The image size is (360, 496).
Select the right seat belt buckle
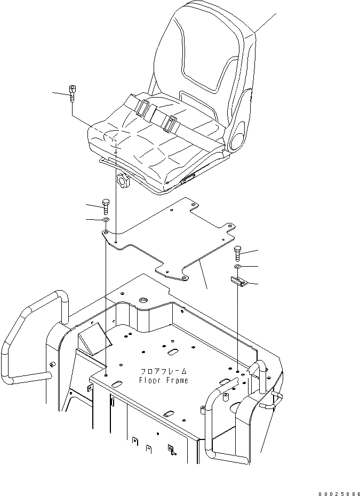pos(170,124)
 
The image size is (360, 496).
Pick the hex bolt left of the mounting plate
pos(105,205)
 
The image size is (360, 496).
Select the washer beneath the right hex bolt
pos(238,266)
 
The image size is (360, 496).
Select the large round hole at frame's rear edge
pos(143,302)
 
